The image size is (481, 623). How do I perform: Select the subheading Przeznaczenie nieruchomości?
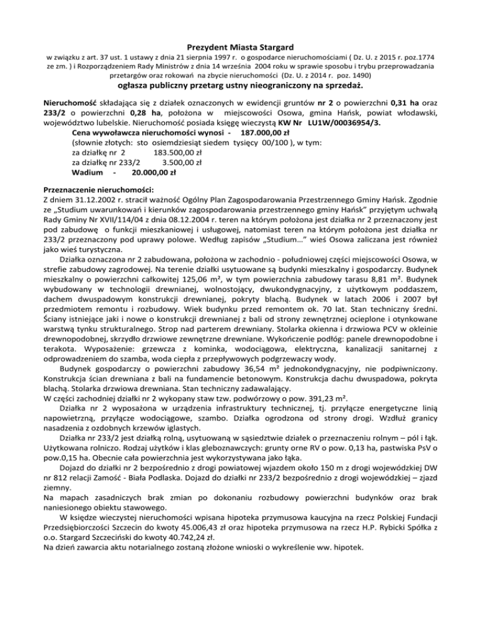point(102,188)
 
